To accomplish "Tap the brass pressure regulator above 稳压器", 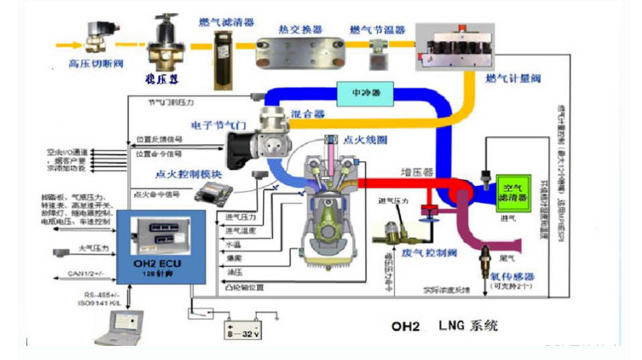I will click(x=165, y=40).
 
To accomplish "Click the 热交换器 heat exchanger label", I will click(x=300, y=30).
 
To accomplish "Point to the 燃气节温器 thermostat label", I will click(x=377, y=30).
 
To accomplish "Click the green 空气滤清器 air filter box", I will click(x=513, y=193).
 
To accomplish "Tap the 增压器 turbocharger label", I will click(x=415, y=172).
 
